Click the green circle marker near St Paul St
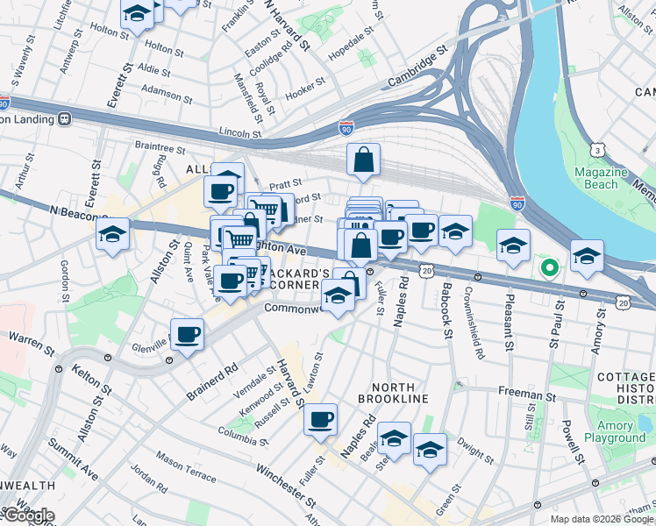(549, 267)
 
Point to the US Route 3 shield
(598, 150)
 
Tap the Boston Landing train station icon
(64, 118)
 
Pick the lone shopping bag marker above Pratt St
(363, 160)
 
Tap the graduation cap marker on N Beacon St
(113, 234)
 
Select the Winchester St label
(286, 483)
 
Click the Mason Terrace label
(186, 466)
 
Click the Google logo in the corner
(28, 515)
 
